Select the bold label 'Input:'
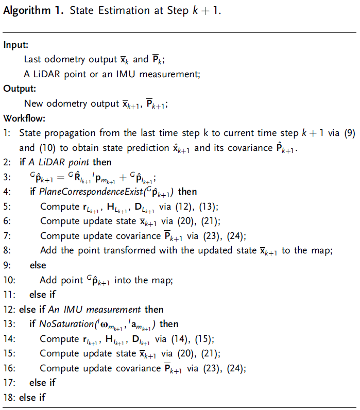click(16, 45)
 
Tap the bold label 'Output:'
click(20, 89)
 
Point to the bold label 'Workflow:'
click(24, 118)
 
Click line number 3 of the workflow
click(7, 178)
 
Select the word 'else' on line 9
click(38, 265)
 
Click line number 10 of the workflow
click(9, 280)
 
